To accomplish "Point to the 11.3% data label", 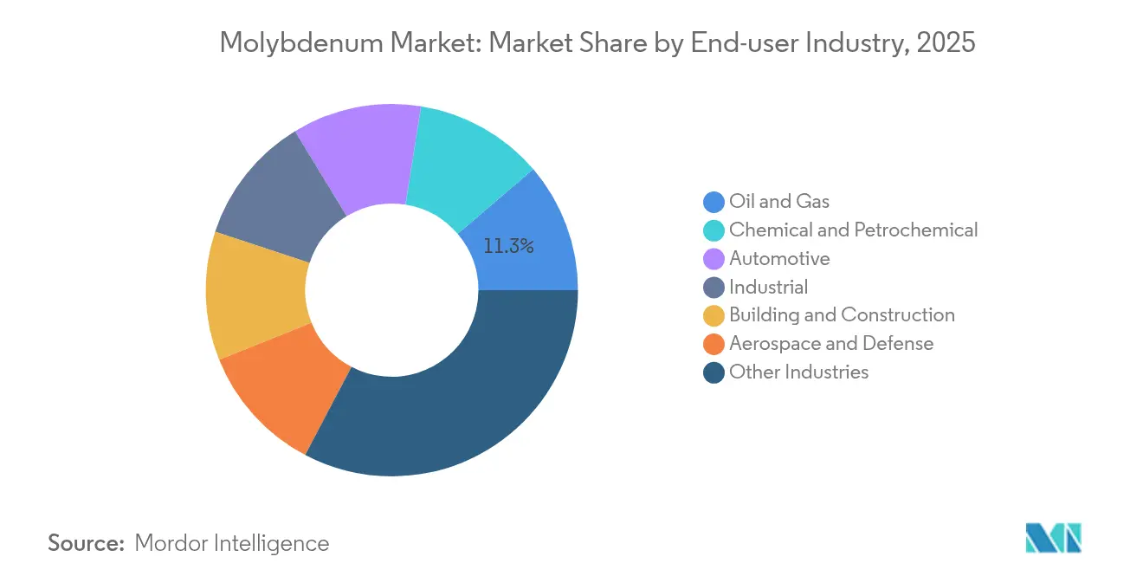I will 508,246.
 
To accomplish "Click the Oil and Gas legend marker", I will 714,202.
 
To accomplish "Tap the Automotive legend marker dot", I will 714,259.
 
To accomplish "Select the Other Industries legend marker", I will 714,372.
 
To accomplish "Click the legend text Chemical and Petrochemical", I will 853,230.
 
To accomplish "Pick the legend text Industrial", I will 768,287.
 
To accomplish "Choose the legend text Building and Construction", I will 842,315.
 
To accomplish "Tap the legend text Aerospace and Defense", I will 831,344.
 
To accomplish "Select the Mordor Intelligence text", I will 232,543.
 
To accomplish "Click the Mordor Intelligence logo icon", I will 1053,538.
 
